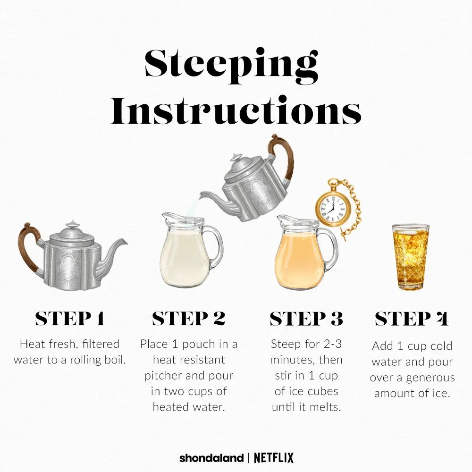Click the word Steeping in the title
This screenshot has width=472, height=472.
(x=231, y=66)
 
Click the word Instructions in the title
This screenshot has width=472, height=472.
(x=236, y=110)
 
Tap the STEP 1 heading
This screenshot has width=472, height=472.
(x=70, y=319)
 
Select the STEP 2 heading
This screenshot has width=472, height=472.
(x=189, y=319)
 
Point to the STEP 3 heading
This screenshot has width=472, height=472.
(x=306, y=319)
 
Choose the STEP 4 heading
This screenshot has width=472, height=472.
(x=412, y=319)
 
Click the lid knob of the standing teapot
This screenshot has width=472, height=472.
(x=73, y=224)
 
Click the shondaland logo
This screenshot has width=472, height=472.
(x=211, y=458)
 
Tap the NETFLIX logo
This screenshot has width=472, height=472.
(x=274, y=458)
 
